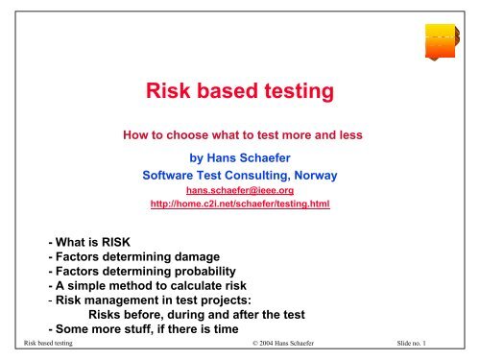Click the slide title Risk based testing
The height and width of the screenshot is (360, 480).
[240, 93]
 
